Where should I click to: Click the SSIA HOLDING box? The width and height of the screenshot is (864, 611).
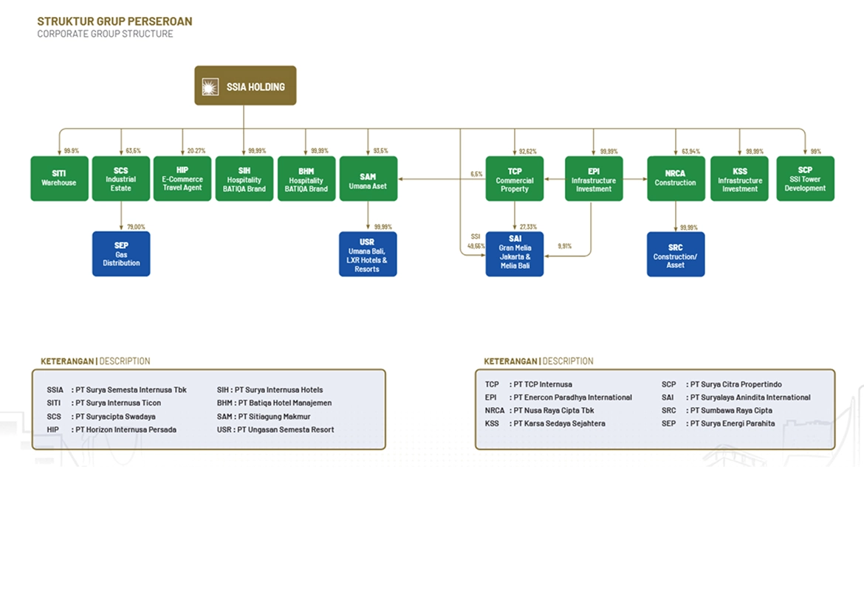point(245,86)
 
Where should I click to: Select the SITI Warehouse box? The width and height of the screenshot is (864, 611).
point(59,178)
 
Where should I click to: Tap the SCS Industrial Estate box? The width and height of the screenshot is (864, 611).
point(121,178)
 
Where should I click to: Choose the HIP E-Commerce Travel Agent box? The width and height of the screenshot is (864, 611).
point(182,178)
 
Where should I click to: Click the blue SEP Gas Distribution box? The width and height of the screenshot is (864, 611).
point(121,253)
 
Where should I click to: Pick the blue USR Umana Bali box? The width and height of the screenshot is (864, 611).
point(368,254)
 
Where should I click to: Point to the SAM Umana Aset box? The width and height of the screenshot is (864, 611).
point(368,178)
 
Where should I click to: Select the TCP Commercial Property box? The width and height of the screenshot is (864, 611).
point(515,178)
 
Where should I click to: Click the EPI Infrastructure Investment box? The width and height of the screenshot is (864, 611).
point(594,178)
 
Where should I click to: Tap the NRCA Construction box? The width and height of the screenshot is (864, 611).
point(676,178)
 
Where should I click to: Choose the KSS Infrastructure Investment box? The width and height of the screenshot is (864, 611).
point(740,178)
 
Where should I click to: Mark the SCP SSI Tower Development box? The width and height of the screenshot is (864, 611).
point(805,178)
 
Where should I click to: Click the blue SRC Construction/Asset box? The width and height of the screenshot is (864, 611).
point(676,254)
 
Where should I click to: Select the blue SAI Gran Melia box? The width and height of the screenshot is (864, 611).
point(515,254)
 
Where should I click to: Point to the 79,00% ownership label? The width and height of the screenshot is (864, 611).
point(137,227)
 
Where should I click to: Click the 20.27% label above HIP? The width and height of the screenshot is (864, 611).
point(196,151)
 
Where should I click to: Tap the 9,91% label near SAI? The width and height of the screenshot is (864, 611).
point(564,245)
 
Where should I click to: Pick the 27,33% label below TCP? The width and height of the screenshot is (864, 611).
point(528,227)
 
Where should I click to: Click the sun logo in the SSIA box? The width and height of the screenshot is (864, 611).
point(210,86)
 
